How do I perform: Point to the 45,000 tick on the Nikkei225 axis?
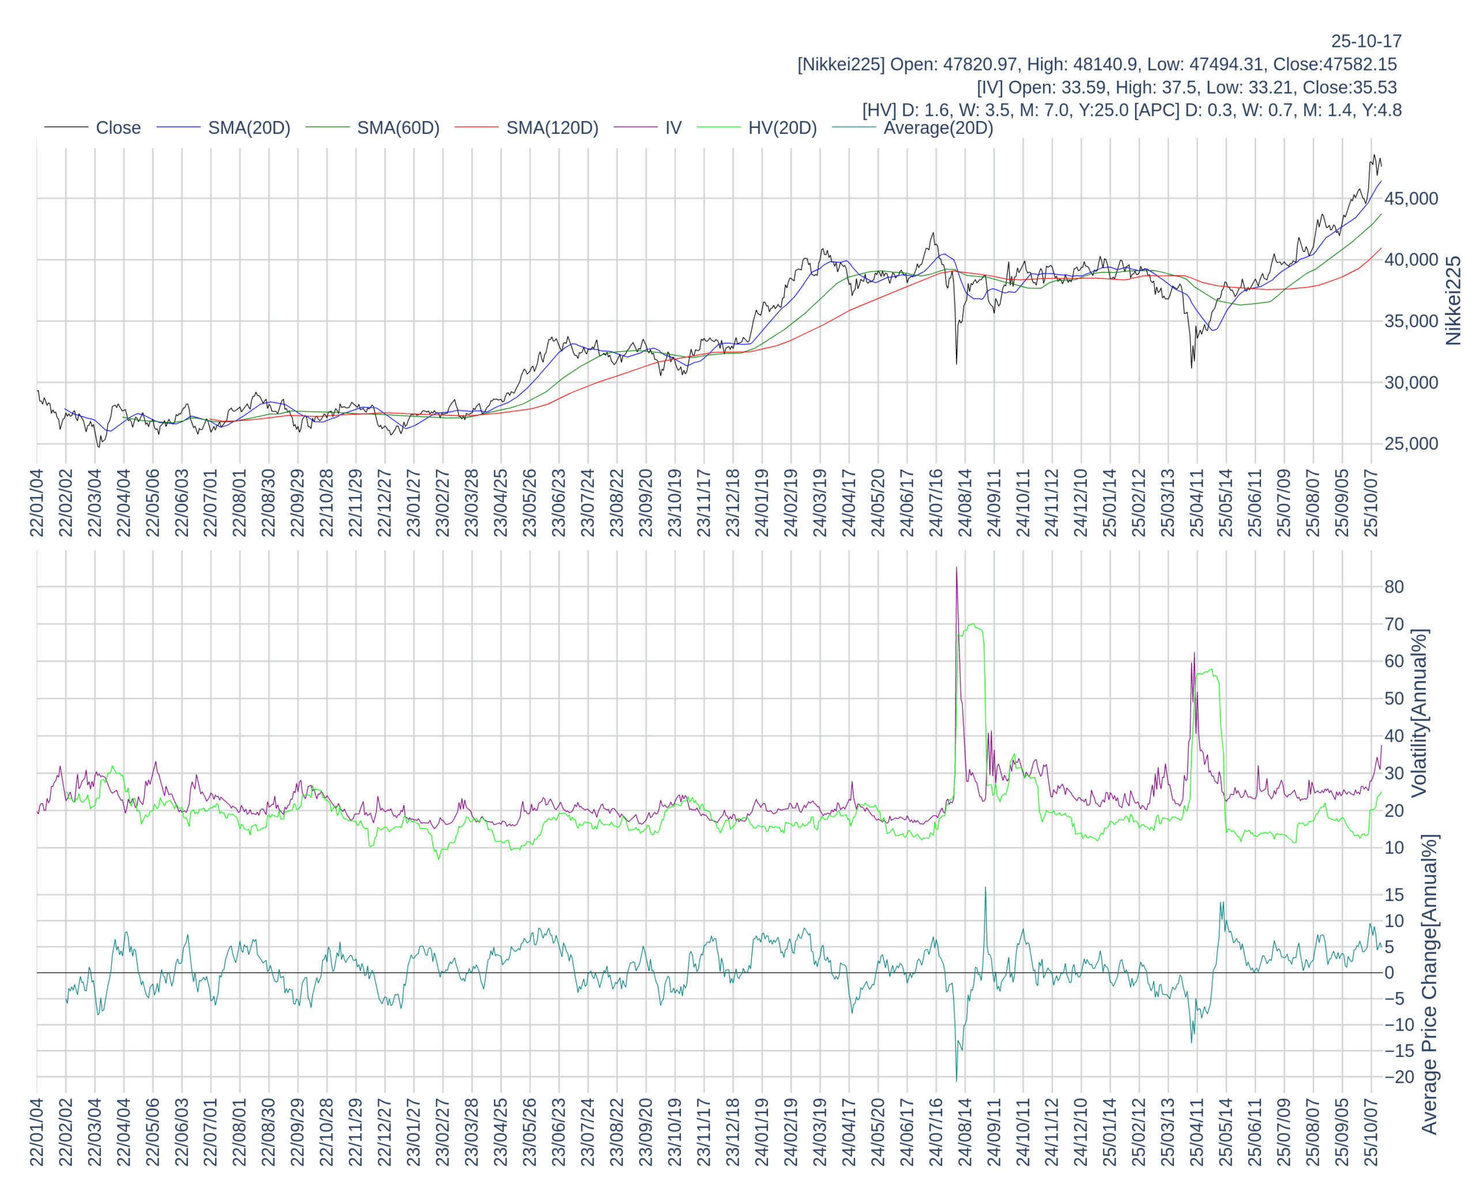(1411, 198)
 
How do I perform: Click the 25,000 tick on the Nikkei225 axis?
(1411, 443)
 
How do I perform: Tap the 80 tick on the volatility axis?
(1394, 586)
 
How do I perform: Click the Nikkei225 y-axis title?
(1453, 300)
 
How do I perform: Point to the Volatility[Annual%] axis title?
(1419, 713)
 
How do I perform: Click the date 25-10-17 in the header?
(1366, 41)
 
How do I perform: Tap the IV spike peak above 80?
(957, 568)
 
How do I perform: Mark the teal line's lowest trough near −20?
(957, 1080)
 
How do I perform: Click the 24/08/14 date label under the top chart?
(965, 502)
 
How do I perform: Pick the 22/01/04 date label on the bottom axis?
(37, 1132)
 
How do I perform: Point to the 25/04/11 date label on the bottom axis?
(1197, 1132)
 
